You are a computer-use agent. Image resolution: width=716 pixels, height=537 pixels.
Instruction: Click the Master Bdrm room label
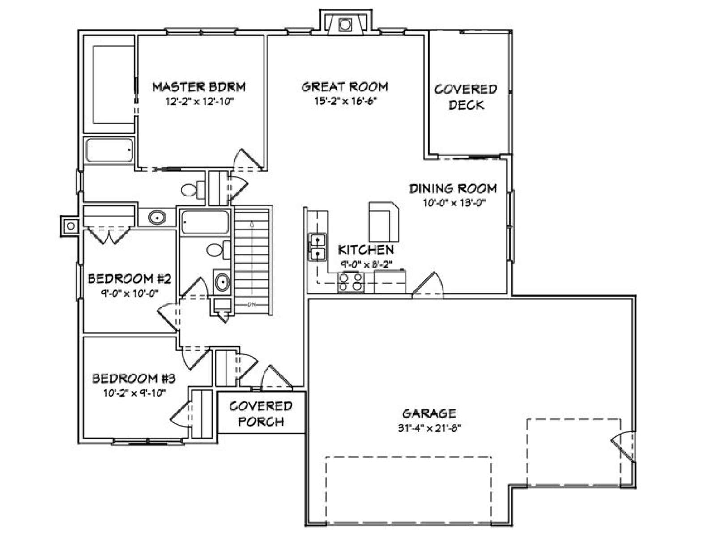point(199,87)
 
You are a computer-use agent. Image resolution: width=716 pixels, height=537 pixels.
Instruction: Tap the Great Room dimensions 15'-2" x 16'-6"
point(346,102)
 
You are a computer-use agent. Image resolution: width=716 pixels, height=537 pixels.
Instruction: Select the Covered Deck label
point(466,97)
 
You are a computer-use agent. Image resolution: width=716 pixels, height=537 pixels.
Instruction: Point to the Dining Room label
point(453,189)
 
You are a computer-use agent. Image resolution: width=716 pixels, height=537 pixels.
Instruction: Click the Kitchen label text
point(366,250)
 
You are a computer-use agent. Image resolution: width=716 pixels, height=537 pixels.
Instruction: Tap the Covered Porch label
point(260,414)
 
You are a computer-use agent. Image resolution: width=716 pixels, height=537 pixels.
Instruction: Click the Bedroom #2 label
point(129,279)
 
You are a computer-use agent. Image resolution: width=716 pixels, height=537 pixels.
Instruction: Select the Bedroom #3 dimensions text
point(135,393)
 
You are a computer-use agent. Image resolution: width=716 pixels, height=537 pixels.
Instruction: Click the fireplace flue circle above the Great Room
point(345,25)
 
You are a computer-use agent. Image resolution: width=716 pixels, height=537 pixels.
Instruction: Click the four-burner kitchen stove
point(351,282)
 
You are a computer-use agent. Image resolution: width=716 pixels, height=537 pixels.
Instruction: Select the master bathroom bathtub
point(109,150)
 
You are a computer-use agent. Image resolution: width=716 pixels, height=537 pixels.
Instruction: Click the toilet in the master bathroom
point(192,190)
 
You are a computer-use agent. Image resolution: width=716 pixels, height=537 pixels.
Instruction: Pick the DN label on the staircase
point(251,305)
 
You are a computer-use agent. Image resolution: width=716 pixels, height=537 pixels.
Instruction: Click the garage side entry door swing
point(623,447)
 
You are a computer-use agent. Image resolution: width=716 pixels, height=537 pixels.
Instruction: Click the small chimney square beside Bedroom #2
point(71,226)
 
